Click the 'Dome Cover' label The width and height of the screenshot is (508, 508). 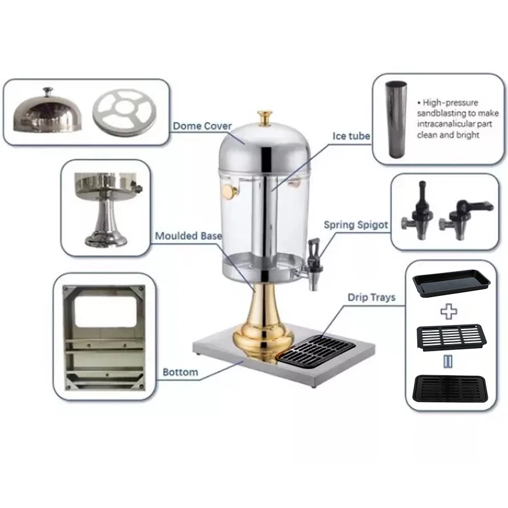pyautogui.click(x=202, y=126)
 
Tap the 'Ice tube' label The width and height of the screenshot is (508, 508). pyautogui.click(x=351, y=136)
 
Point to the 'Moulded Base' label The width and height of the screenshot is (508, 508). pyautogui.click(x=189, y=236)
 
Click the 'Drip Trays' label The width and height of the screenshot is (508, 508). pyautogui.click(x=371, y=297)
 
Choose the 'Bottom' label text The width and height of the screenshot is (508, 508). pyautogui.click(x=180, y=372)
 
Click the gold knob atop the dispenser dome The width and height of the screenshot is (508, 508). pyautogui.click(x=265, y=118)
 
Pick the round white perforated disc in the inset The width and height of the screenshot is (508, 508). pyautogui.click(x=121, y=112)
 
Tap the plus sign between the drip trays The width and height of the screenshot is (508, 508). pyautogui.click(x=449, y=312)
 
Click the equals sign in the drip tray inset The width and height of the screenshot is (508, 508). pyautogui.click(x=449, y=361)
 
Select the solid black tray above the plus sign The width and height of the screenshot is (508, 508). pyautogui.click(x=451, y=284)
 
